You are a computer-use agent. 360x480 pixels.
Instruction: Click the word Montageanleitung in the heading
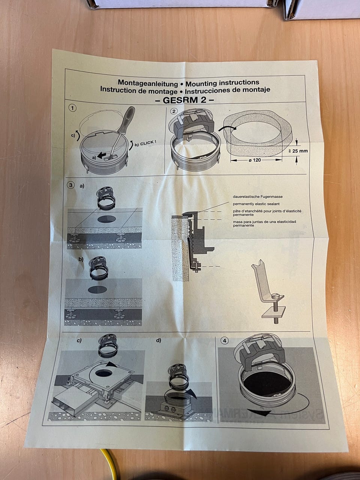coord(148,83)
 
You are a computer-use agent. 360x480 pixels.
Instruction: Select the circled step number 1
coord(72,108)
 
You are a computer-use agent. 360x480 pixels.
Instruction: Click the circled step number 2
coord(174,111)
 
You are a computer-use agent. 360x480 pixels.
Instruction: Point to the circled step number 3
coord(70,185)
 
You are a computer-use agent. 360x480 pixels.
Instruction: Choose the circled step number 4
coord(225,340)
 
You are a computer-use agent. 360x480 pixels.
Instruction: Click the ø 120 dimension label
coord(255,160)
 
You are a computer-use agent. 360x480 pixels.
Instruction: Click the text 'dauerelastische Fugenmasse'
coord(258,196)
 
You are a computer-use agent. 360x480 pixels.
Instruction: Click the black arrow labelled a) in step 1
coord(102,156)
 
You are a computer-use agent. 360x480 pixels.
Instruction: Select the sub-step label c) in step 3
coord(79,340)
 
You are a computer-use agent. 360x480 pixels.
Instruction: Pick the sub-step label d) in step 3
coord(159,340)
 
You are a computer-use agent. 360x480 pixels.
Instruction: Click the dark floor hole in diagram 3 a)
coord(106,219)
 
